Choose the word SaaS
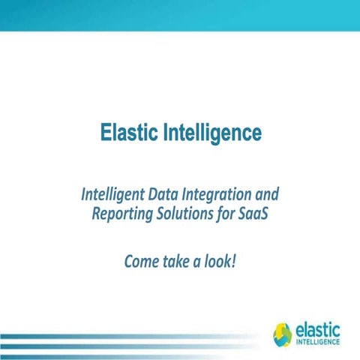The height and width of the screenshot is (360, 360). click(254, 213)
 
